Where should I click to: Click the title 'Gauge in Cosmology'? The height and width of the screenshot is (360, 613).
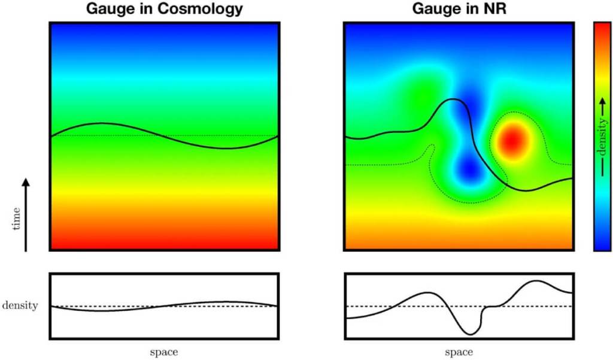coord(165,9)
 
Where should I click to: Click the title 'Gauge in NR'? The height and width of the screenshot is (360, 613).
coord(459,9)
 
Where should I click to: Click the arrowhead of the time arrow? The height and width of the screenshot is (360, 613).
coord(26,181)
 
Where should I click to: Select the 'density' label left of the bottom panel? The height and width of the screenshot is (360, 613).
coord(20,305)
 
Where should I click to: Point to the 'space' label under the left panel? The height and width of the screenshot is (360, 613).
coord(163,352)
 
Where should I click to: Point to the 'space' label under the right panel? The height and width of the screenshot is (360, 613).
coord(459,352)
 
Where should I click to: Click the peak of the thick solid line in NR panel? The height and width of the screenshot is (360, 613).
coord(454,100)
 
